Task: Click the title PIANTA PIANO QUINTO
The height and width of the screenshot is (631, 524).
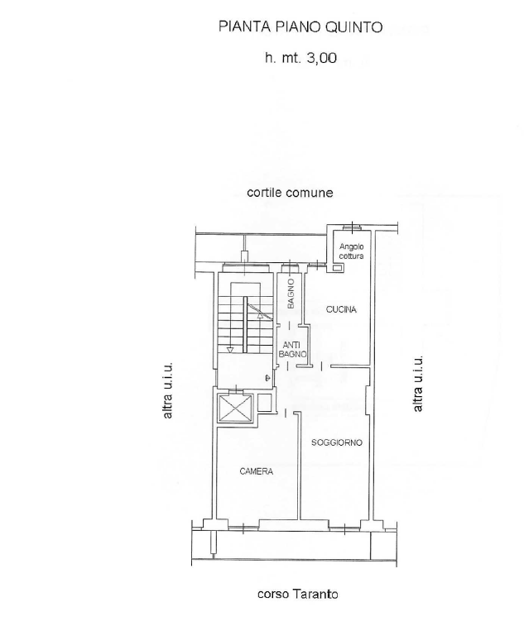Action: pos(300,27)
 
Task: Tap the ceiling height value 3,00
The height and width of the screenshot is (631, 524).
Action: pos(322,59)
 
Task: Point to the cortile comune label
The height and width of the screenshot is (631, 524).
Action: pos(290,193)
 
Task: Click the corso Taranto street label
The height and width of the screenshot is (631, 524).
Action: pos(298,594)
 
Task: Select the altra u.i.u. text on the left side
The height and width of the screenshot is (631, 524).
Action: pos(167,390)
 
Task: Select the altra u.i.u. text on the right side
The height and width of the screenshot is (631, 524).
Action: pos(418,384)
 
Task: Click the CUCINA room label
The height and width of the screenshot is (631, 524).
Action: pos(341,309)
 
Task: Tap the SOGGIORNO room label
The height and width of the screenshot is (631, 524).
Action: pos(337,442)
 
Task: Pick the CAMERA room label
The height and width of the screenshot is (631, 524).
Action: pos(256,471)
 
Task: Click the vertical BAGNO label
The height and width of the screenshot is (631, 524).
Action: pos(291,294)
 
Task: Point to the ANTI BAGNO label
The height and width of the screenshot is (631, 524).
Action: pos(293,350)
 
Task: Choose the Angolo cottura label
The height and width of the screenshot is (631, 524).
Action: pos(351,251)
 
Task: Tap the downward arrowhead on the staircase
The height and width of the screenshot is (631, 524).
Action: pos(230,350)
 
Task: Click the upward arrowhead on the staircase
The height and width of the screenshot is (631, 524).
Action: pos(260,316)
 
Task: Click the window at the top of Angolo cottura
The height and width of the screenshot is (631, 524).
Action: pos(353,227)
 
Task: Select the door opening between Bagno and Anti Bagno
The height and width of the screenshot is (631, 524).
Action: pos(290,325)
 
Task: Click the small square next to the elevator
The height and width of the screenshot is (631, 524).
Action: pos(264,403)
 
